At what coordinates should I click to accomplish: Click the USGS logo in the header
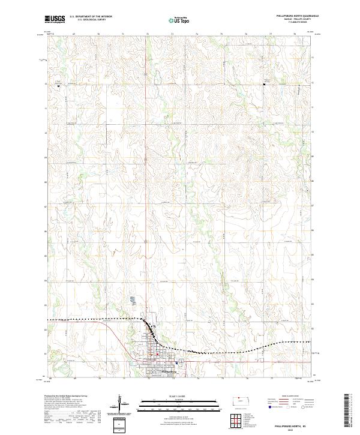click(55, 20)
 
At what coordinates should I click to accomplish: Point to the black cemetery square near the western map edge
click(58, 86)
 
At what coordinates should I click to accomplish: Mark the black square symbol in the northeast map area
click(265, 85)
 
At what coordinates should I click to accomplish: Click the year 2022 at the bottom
click(292, 430)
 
